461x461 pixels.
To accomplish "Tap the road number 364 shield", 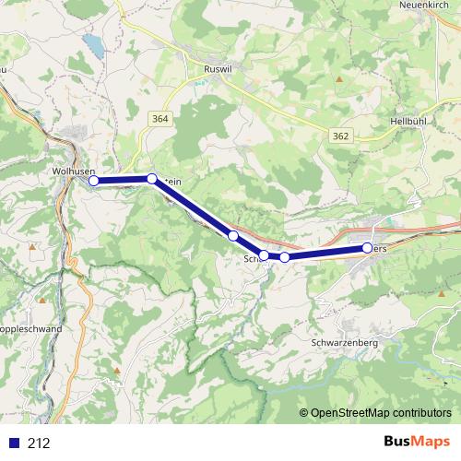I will (161, 119).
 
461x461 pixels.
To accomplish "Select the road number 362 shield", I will (341, 136).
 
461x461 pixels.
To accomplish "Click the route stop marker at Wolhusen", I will (93, 181).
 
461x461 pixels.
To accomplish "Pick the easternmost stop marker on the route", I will (368, 248).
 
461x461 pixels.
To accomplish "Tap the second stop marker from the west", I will (152, 179).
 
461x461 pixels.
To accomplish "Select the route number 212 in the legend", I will (40, 443).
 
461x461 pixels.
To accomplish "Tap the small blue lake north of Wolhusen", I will (92, 44).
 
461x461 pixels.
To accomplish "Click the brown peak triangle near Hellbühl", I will (339, 79).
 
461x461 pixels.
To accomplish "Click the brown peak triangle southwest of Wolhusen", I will (34, 247).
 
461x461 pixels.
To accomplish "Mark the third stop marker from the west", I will (234, 236).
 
